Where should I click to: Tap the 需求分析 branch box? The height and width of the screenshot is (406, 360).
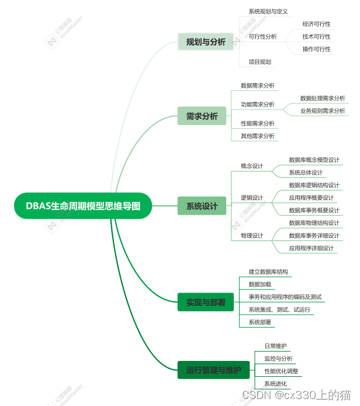[x=202, y=116]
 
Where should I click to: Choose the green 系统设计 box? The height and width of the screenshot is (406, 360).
[x=202, y=206]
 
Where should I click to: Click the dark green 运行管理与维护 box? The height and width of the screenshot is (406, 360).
[x=213, y=370]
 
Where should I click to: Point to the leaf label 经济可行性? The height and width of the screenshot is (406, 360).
[x=316, y=24]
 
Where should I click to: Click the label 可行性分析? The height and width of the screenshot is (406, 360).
[x=262, y=36]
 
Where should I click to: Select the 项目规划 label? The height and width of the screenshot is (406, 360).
[x=259, y=61]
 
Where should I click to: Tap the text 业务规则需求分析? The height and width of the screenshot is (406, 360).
[x=323, y=111]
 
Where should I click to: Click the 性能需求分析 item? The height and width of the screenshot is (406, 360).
[x=258, y=123]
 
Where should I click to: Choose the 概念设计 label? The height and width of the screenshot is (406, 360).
[x=252, y=166]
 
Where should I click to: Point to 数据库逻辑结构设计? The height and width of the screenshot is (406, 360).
[x=314, y=185]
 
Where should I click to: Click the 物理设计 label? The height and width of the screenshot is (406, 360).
[x=252, y=235]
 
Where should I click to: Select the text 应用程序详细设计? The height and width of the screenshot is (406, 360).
[x=311, y=248]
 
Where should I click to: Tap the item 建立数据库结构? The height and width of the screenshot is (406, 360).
[x=268, y=271]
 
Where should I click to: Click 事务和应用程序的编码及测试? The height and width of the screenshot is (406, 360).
[x=285, y=297]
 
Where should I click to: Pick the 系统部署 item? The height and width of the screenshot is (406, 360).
[x=259, y=322]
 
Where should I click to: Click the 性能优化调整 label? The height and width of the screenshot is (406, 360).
[x=281, y=371]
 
